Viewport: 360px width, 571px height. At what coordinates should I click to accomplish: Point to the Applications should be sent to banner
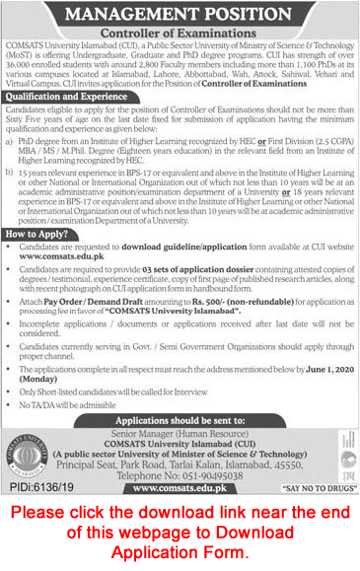pos(180,421)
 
